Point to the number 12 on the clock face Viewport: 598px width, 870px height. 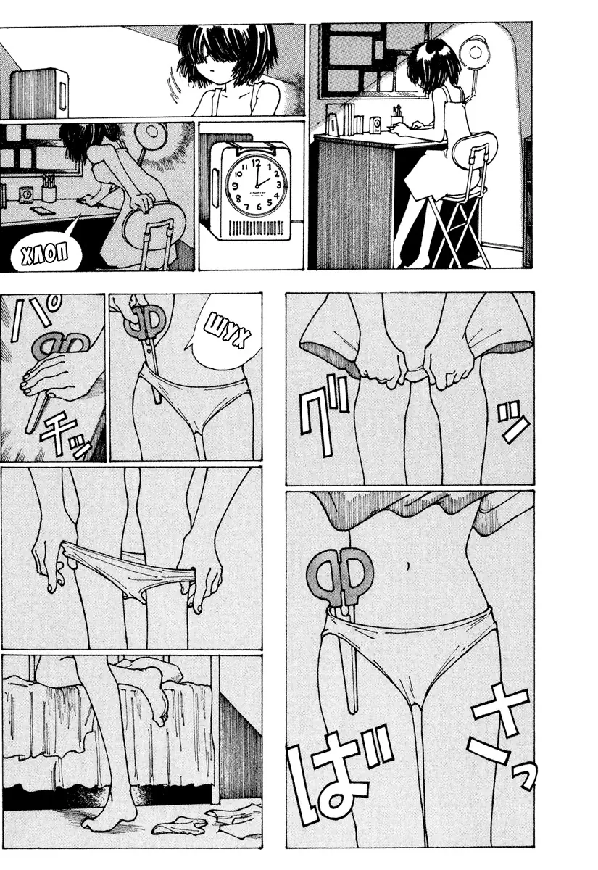click(x=256, y=162)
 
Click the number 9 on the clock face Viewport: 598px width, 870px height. click(x=235, y=186)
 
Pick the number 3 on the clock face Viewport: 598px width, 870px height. click(x=278, y=184)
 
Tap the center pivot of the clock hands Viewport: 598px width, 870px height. click(x=257, y=186)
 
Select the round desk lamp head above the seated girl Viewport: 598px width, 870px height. click(x=474, y=51)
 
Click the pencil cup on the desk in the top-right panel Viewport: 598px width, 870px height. click(x=397, y=119)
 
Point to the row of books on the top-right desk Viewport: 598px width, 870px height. click(x=354, y=117)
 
